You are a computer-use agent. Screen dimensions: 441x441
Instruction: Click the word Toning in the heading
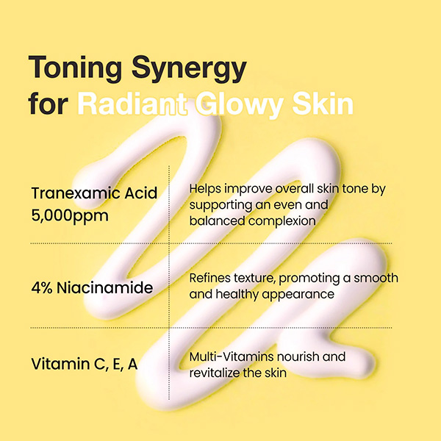pos(75,68)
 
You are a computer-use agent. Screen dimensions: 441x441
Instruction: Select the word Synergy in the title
pos(189,69)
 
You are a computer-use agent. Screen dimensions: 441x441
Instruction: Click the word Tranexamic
pos(76,193)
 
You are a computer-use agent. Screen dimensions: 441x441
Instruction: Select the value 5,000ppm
pos(70,216)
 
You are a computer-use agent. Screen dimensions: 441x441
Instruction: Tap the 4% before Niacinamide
pos(42,288)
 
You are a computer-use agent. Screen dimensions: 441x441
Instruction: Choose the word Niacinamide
pos(105,287)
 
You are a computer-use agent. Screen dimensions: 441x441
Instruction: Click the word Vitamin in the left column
pos(60,364)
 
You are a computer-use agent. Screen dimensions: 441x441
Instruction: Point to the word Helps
pos(205,189)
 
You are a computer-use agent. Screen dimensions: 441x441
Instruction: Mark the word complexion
pos(282,221)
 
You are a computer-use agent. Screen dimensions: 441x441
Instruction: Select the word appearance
pos(298,295)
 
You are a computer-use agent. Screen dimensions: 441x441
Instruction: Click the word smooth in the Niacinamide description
pos(376,278)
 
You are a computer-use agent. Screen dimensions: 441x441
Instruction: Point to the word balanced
pos(217,221)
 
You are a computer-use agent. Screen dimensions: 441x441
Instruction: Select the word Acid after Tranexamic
pos(141,193)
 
